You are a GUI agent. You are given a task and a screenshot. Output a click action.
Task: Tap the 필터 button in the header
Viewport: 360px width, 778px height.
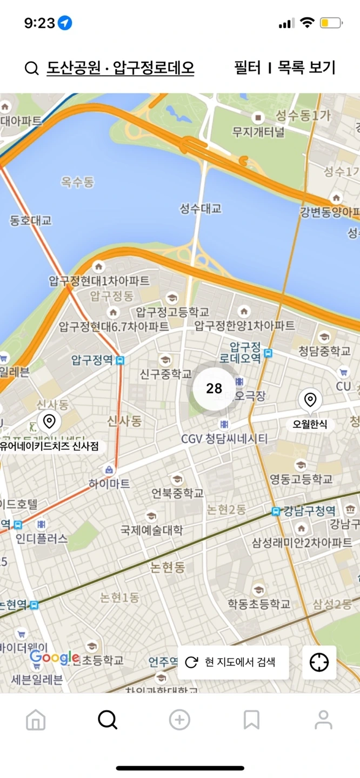[x=247, y=68]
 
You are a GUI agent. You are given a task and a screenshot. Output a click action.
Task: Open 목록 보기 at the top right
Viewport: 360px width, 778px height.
[x=306, y=68]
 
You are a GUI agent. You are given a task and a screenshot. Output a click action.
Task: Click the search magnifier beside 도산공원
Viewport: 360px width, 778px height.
[x=32, y=69]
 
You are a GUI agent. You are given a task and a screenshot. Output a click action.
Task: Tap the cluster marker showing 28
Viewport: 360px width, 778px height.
[x=214, y=388]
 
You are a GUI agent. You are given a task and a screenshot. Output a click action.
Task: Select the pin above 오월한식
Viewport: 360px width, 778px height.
[x=310, y=400]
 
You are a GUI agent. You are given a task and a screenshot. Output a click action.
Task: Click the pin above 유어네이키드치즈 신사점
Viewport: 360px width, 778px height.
[x=49, y=421]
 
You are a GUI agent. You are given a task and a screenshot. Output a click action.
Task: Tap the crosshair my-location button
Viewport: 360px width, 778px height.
[x=319, y=662]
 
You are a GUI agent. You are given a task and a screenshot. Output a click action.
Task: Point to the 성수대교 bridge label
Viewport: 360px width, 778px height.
[x=201, y=209]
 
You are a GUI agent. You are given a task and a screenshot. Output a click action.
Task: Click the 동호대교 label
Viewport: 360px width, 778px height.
[x=31, y=220]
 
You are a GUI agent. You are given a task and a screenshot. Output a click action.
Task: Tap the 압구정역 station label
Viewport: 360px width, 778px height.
[x=92, y=360]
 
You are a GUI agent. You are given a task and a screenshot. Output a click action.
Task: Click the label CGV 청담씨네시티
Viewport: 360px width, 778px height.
[x=224, y=439]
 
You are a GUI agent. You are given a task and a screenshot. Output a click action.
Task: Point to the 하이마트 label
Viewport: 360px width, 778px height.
[x=110, y=484]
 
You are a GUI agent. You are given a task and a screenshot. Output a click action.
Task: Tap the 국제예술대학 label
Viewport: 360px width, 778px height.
[x=152, y=529]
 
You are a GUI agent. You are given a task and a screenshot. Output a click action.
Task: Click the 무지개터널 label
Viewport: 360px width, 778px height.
[x=258, y=131]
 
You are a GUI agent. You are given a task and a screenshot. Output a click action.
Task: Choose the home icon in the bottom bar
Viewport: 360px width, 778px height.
[x=36, y=720]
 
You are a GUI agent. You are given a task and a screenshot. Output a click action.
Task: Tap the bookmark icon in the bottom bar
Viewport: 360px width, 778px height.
[x=251, y=720]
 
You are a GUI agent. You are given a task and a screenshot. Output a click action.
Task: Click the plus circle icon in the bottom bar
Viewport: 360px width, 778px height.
[x=179, y=720]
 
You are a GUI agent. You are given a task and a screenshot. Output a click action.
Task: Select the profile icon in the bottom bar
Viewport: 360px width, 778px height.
[x=323, y=720]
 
